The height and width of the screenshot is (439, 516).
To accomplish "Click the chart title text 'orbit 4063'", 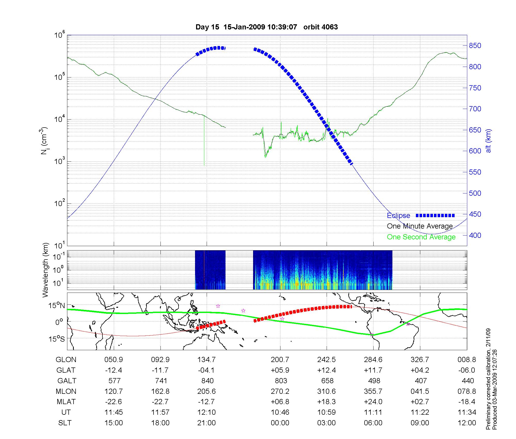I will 320,27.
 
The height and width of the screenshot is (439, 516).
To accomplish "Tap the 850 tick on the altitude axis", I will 475,46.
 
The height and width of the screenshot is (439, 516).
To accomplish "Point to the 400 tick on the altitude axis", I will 475,235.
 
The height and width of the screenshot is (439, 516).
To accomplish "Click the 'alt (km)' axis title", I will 488,141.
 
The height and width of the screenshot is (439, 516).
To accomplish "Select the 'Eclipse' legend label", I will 398,215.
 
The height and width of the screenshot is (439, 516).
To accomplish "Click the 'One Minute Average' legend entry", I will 420,226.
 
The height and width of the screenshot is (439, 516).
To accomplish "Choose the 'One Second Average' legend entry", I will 421,237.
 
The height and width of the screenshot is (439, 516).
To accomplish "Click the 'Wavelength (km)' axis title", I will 46,270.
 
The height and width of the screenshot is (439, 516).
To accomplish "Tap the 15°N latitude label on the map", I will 57,306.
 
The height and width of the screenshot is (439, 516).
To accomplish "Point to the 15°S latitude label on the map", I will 57,339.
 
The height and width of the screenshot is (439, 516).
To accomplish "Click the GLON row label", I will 66,359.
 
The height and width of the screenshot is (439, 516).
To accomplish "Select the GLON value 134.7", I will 206,359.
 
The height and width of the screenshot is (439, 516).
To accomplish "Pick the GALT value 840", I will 207,381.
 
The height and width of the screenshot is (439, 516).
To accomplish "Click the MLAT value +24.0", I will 373,402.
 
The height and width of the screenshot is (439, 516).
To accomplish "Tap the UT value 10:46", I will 280,412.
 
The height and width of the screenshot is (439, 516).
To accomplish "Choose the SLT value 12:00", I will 467,423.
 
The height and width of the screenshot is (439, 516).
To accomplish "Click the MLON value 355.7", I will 373,391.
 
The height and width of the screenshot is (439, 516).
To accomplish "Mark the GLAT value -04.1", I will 206,370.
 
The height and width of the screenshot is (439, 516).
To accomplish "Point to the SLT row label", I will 65,423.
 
